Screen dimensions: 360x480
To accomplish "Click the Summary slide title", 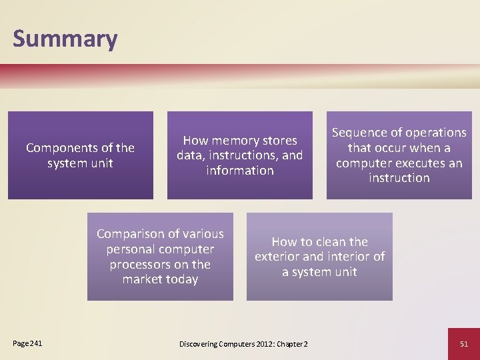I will click(x=65, y=39).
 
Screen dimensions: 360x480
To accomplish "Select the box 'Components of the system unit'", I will click(x=80, y=155).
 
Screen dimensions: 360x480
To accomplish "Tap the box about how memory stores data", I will click(x=239, y=155).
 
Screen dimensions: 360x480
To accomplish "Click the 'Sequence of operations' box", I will click(x=399, y=155).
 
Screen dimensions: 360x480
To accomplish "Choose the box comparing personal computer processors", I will click(x=160, y=257).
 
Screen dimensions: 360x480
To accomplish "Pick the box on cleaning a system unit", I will click(x=319, y=257).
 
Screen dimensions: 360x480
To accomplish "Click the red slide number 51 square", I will click(x=464, y=343).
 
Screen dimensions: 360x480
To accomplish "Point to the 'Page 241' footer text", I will click(x=27, y=343).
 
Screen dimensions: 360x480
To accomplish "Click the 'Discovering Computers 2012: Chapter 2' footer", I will click(x=243, y=343).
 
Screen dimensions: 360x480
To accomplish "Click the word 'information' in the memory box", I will click(x=239, y=171).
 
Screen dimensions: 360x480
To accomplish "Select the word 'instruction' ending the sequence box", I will click(x=399, y=178).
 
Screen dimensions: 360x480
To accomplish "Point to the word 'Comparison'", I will click(x=128, y=234).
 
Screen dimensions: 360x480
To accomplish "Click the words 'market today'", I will click(x=160, y=279).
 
